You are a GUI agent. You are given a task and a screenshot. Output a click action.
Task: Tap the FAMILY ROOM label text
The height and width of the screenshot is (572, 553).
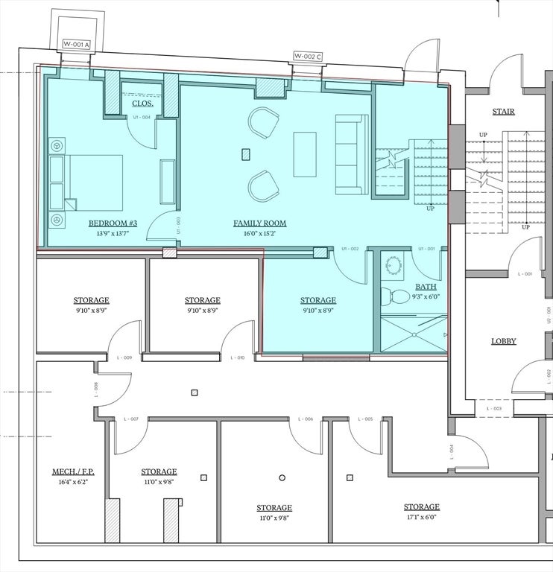(259, 223)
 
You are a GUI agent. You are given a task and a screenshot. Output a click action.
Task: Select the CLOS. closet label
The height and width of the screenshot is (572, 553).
(142, 104)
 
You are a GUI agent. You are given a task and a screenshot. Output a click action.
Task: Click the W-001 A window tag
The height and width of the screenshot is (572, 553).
(76, 45)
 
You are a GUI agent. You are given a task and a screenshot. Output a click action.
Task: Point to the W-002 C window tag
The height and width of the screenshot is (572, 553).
(308, 56)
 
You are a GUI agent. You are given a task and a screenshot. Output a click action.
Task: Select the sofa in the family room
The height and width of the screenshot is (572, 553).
(351, 154)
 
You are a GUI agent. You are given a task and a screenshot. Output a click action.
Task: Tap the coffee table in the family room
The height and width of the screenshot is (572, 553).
(304, 154)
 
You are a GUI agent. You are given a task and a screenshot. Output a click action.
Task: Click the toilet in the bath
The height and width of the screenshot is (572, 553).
(396, 296)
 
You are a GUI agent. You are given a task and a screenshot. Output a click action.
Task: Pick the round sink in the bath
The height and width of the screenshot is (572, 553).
(392, 266)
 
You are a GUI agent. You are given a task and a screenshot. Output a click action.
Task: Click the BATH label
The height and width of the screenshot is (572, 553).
(426, 286)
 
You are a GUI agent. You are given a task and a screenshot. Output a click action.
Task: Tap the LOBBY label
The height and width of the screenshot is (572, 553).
(504, 341)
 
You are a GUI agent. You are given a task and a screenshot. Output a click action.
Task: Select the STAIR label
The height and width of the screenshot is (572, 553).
(504, 112)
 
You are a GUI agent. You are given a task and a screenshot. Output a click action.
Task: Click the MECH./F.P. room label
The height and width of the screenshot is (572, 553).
(73, 471)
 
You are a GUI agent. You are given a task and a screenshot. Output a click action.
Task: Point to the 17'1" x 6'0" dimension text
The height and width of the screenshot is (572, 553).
(422, 517)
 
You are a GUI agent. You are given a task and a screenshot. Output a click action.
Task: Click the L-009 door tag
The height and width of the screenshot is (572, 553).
(124, 358)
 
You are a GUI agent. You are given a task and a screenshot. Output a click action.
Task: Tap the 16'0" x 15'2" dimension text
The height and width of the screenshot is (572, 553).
(259, 234)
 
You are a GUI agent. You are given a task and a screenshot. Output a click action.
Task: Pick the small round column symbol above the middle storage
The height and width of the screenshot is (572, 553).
(282, 477)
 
